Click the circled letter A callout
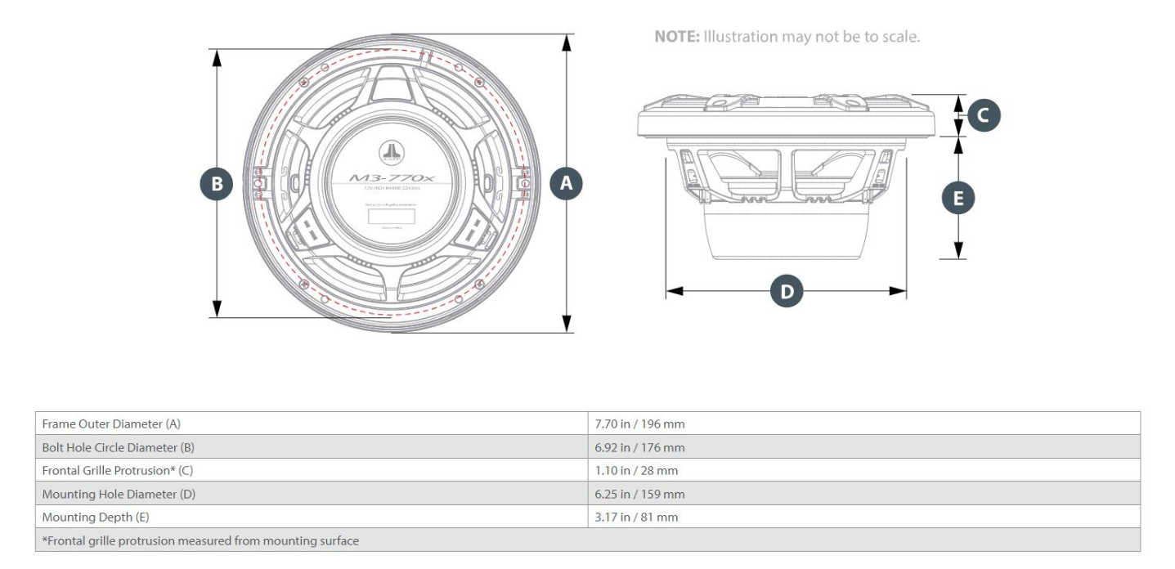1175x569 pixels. point(566,184)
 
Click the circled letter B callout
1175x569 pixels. point(217,184)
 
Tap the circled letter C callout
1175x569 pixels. point(983,115)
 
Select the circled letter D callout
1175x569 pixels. point(787,291)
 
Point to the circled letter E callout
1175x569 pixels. point(958,198)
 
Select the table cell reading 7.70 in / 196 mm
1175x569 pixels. point(639,424)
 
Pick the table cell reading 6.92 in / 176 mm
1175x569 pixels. point(639,447)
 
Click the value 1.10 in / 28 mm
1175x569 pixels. point(636,471)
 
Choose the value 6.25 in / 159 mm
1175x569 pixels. point(639,494)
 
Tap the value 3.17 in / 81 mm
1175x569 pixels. point(636,517)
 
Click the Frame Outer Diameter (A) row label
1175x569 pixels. point(111,424)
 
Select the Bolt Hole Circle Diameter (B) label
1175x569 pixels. point(119,447)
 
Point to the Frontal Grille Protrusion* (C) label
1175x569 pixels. point(117,471)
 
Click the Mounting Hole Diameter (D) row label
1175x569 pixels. point(119,494)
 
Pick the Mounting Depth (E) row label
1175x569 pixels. point(96,517)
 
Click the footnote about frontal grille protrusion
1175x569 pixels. point(200,540)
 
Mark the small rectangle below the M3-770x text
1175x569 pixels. point(390,217)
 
